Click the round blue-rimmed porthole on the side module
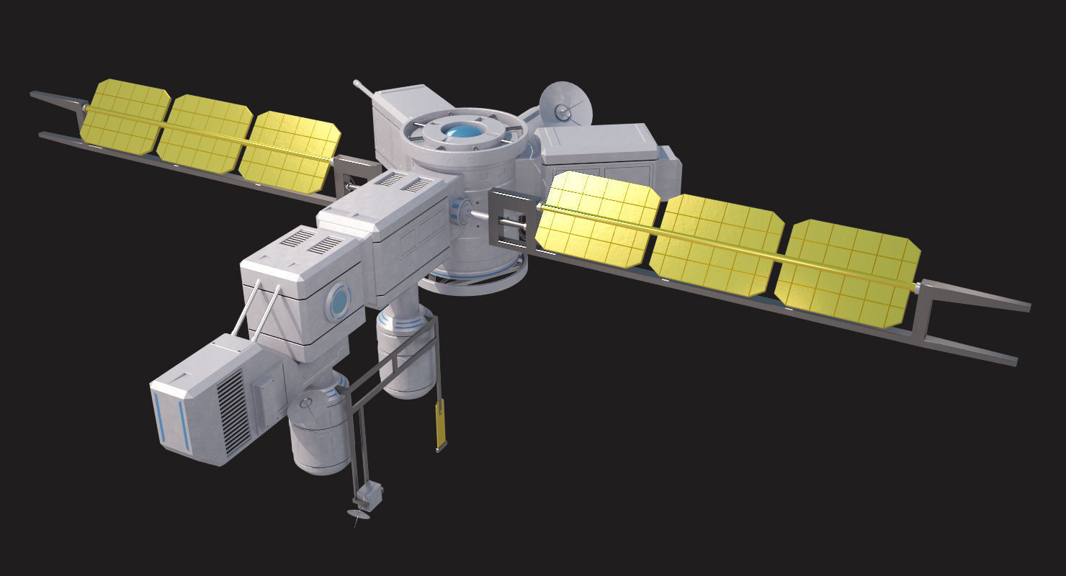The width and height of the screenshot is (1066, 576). (338, 302)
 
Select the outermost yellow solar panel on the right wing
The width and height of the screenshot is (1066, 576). (848, 272)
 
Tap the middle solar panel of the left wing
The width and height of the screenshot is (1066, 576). (205, 134)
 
